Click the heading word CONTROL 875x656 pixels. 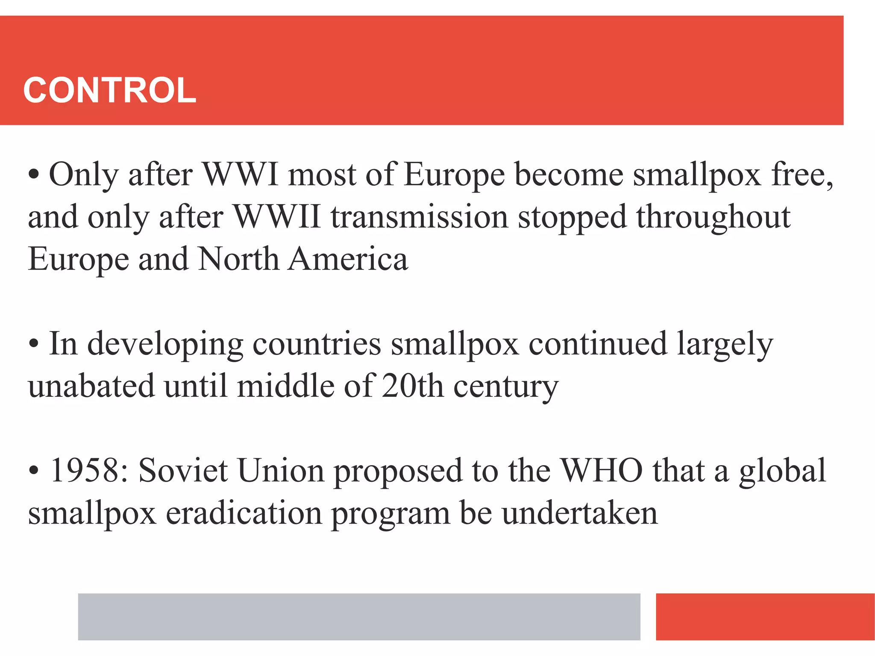pos(110,90)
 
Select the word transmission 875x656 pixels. pos(419,217)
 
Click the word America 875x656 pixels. pos(348,259)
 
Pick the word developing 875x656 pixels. pos(165,344)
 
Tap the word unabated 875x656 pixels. pos(91,386)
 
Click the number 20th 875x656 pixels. pos(412,386)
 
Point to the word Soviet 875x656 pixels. pos(183,470)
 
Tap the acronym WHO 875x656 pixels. pos(602,470)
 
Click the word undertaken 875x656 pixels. pos(579,512)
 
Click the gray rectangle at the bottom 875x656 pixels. pos(359,616)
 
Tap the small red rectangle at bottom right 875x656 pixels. pos(765,616)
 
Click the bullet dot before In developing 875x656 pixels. pos(34,344)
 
